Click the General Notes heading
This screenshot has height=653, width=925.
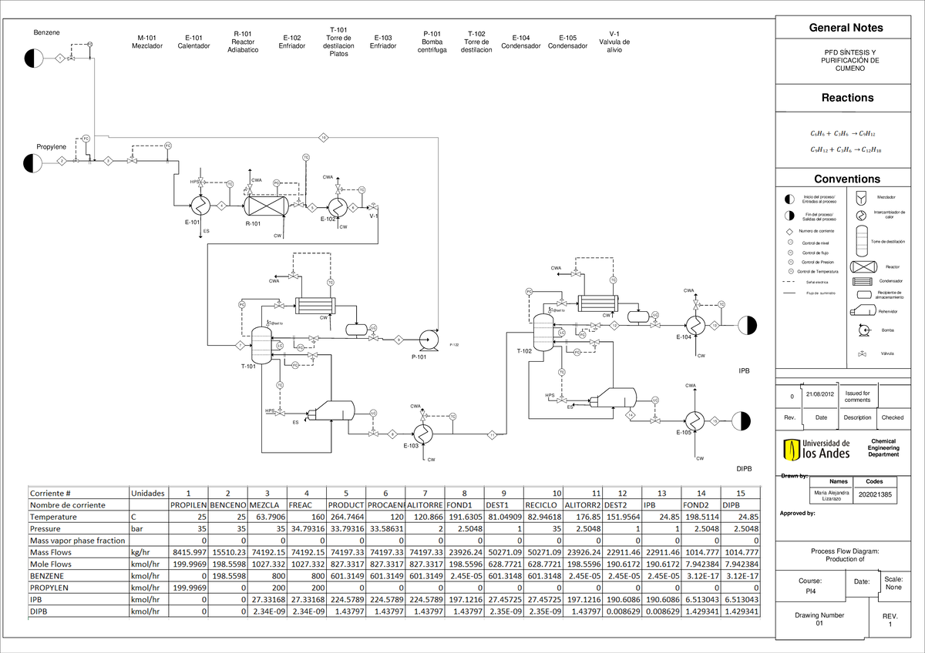point(846,28)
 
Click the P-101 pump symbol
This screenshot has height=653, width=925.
point(425,338)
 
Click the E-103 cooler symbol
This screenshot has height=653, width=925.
point(421,433)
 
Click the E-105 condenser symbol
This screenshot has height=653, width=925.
point(695,420)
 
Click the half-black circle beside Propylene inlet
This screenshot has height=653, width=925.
point(33,162)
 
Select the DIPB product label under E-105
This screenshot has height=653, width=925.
point(744,468)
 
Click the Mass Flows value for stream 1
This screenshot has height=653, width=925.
point(189,553)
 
